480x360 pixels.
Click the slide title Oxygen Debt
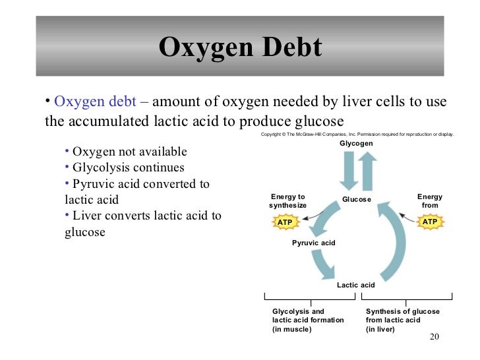click(240, 47)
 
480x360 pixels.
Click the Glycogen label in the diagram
click(356, 144)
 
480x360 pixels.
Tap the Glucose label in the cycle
click(356, 199)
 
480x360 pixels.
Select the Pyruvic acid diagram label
click(313, 243)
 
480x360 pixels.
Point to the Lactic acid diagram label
click(355, 285)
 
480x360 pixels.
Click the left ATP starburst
click(285, 222)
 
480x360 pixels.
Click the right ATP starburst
click(429, 222)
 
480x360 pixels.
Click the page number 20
click(433, 338)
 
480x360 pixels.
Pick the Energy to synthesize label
click(288, 201)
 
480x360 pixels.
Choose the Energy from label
click(430, 201)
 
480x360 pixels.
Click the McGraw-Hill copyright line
click(357, 134)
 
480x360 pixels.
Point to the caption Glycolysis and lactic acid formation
click(308, 320)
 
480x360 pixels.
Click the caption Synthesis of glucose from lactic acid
click(402, 320)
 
